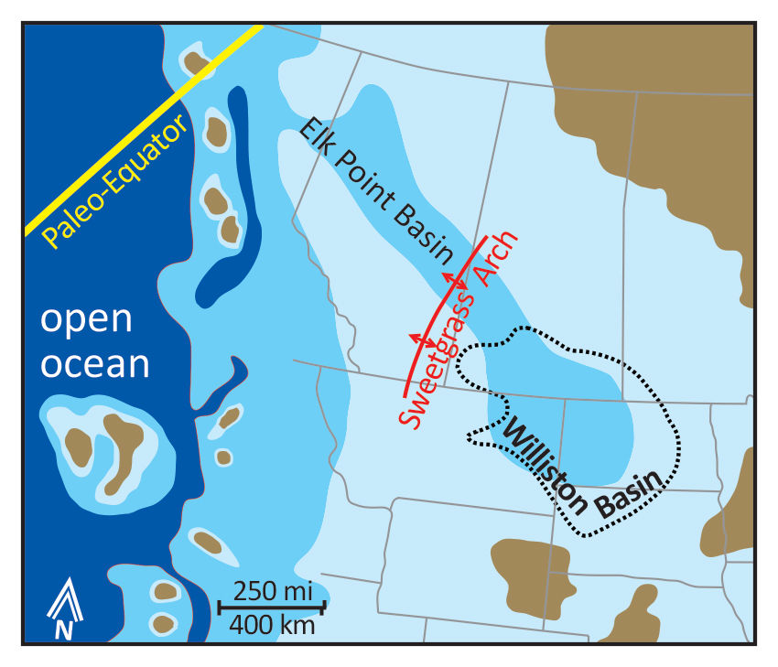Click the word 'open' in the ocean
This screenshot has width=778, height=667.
pos(87,320)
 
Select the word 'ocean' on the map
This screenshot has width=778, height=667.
pos(95,363)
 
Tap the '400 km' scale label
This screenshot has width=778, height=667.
pos(272,627)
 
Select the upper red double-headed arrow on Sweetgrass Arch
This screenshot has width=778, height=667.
pos(455,282)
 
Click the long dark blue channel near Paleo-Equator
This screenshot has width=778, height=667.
pos(229,201)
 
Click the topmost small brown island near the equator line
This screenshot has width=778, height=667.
pos(196,62)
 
